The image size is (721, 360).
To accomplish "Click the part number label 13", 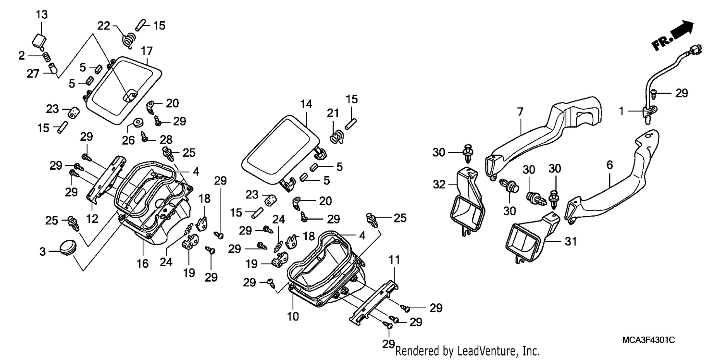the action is [41, 14].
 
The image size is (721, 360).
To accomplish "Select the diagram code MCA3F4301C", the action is [648, 340].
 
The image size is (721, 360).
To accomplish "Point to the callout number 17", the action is [147, 51].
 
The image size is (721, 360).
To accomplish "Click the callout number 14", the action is [306, 104].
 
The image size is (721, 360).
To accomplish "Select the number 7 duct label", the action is [520, 112].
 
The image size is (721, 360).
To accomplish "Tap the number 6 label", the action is [609, 165].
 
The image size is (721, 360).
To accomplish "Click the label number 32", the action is [439, 185].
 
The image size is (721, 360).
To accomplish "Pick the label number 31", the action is [571, 241].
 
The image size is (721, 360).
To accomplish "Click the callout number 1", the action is [622, 112].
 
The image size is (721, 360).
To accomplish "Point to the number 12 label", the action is [92, 219].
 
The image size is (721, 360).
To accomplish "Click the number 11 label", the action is [394, 260].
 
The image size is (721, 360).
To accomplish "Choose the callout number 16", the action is [142, 264].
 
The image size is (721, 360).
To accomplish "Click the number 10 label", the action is [293, 317].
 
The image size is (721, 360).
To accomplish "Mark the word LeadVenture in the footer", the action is [485, 351].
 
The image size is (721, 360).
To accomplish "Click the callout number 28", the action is [166, 139].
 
